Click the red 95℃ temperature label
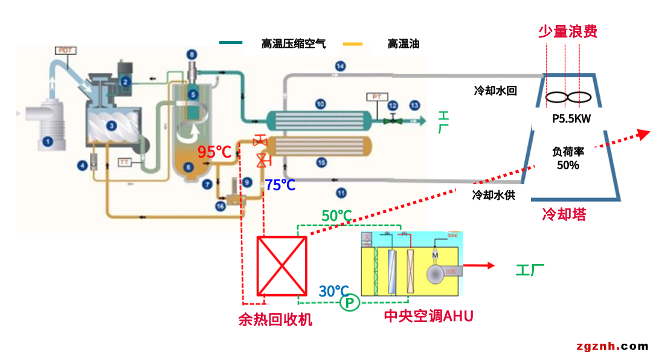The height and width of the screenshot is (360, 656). [x=215, y=152]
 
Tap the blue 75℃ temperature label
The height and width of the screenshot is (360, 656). [x=280, y=185]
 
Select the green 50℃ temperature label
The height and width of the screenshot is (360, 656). [x=336, y=216]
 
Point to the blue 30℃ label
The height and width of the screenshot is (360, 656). [x=334, y=291]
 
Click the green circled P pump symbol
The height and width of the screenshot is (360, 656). [x=349, y=302]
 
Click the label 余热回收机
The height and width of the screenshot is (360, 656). [x=275, y=320]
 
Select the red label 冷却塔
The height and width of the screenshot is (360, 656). [x=564, y=214]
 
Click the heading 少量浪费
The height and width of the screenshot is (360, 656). [x=567, y=31]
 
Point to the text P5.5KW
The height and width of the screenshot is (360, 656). [x=571, y=119]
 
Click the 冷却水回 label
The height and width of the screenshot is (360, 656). [x=495, y=91]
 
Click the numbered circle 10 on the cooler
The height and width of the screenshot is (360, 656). [x=320, y=104]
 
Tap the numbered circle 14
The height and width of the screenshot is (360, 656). [x=340, y=66]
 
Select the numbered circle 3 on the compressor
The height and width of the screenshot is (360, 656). [x=111, y=126]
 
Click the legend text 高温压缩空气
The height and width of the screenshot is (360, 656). [x=293, y=43]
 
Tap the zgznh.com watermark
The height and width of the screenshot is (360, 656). [x=612, y=346]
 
